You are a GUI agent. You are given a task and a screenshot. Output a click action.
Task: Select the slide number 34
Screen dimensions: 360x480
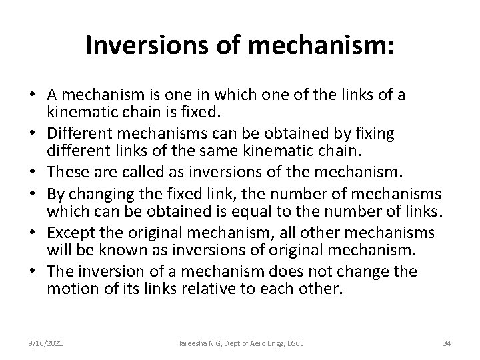446,343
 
